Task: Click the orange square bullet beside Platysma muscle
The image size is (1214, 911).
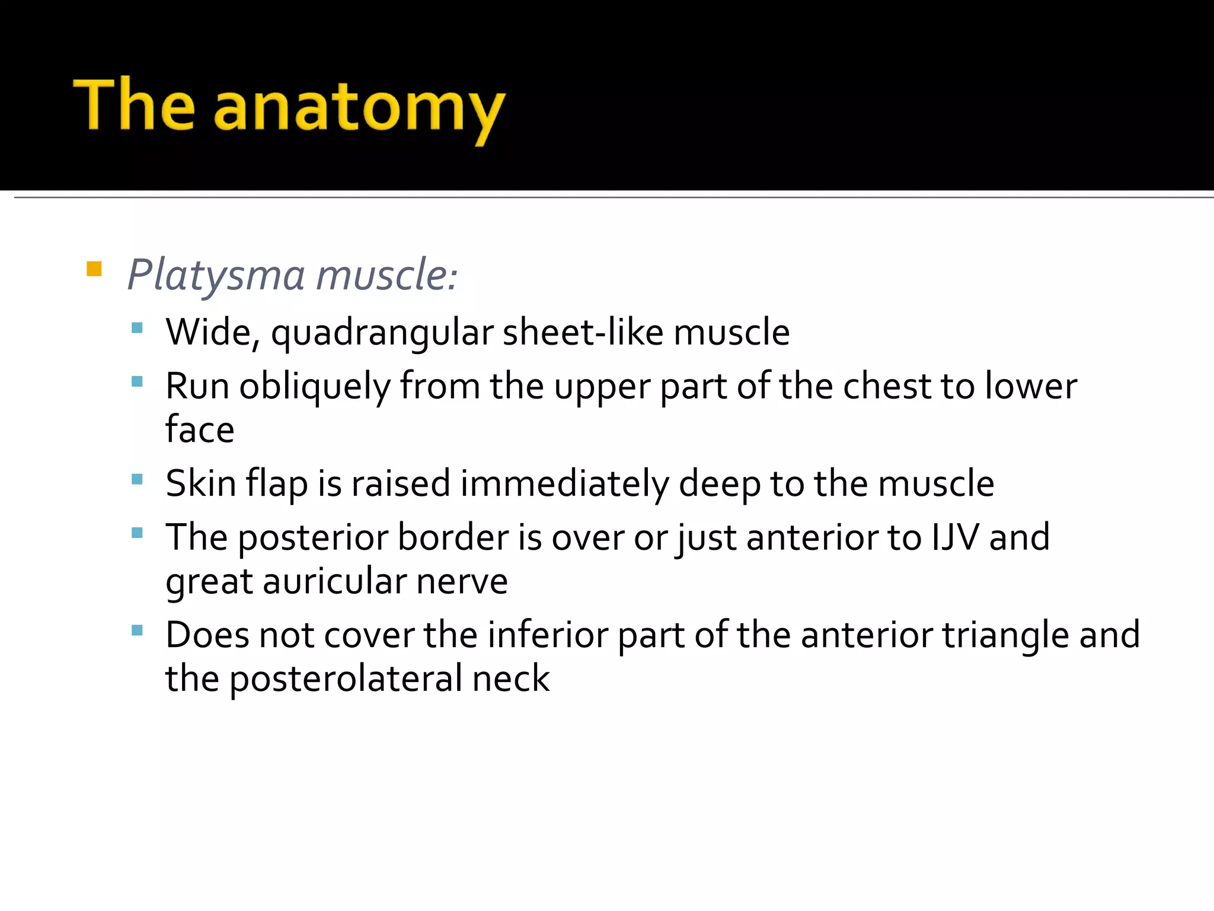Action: point(94,269)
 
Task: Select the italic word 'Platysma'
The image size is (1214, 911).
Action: point(217,276)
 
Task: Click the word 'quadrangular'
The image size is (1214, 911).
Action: point(382,333)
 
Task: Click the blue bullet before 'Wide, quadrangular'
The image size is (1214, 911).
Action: point(138,327)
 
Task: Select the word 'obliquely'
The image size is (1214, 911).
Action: point(315,387)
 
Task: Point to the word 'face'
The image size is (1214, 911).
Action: point(200,429)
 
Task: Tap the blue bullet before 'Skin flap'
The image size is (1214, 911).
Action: point(138,479)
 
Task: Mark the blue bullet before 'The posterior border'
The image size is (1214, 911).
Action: point(138,533)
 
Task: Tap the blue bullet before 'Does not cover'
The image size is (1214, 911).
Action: point(138,630)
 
